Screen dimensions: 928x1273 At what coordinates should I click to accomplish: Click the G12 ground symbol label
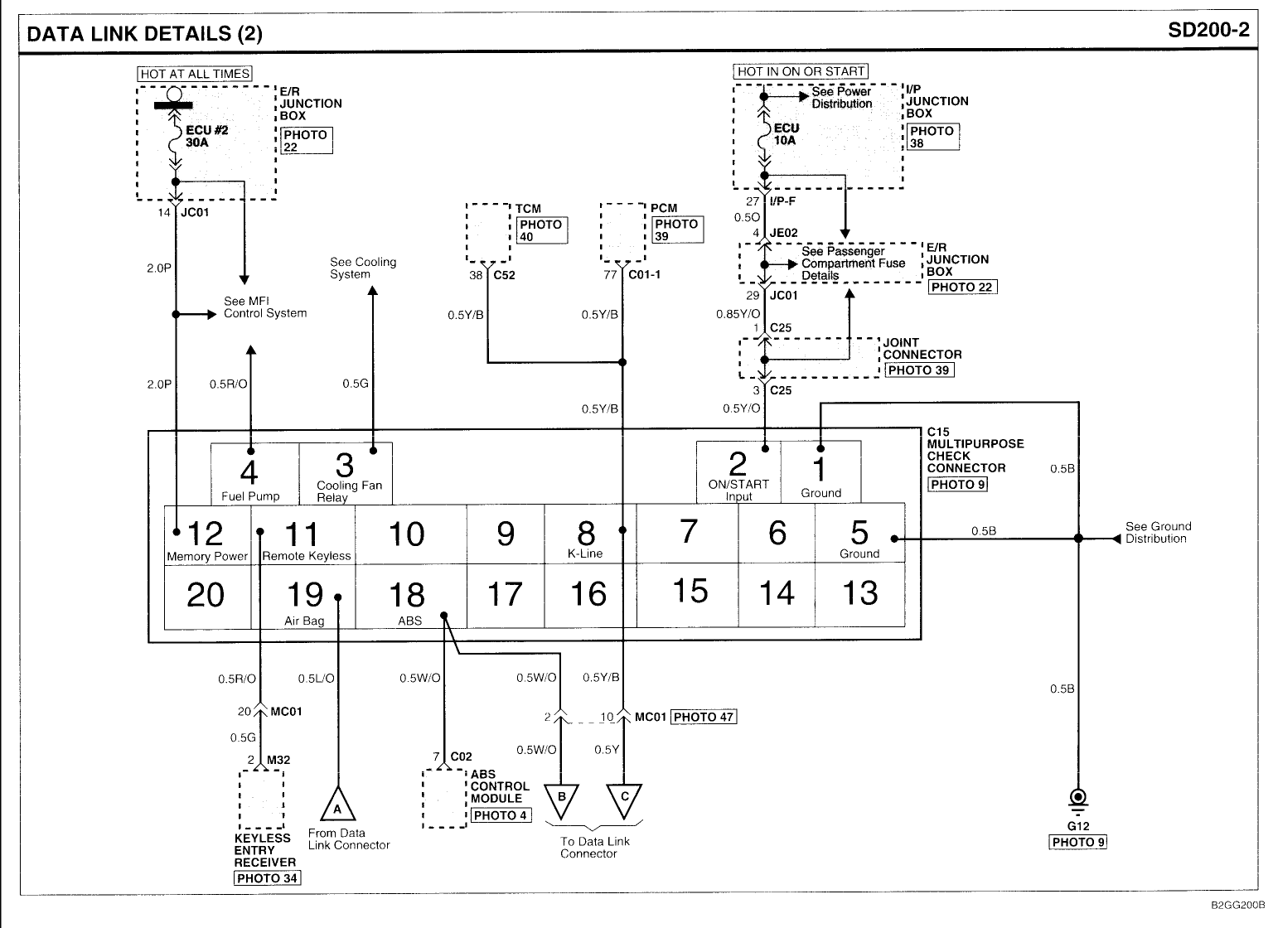(1077, 826)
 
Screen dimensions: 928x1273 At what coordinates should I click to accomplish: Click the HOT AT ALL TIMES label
(195, 74)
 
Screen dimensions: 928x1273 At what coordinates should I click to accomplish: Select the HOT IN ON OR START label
(801, 71)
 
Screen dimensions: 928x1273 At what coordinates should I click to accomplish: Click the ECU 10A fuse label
(786, 134)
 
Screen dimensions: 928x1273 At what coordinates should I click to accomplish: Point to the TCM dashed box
(487, 232)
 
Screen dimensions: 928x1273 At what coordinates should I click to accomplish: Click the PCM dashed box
(622, 232)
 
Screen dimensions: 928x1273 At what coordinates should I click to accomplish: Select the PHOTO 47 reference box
(704, 717)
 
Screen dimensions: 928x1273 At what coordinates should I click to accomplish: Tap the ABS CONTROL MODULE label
(500, 786)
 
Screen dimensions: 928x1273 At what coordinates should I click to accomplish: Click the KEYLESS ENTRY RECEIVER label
(264, 850)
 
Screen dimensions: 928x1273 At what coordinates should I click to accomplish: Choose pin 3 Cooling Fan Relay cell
(345, 473)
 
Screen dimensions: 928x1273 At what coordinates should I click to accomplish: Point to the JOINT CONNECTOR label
(922, 348)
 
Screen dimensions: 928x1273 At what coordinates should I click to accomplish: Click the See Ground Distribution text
(1158, 532)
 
